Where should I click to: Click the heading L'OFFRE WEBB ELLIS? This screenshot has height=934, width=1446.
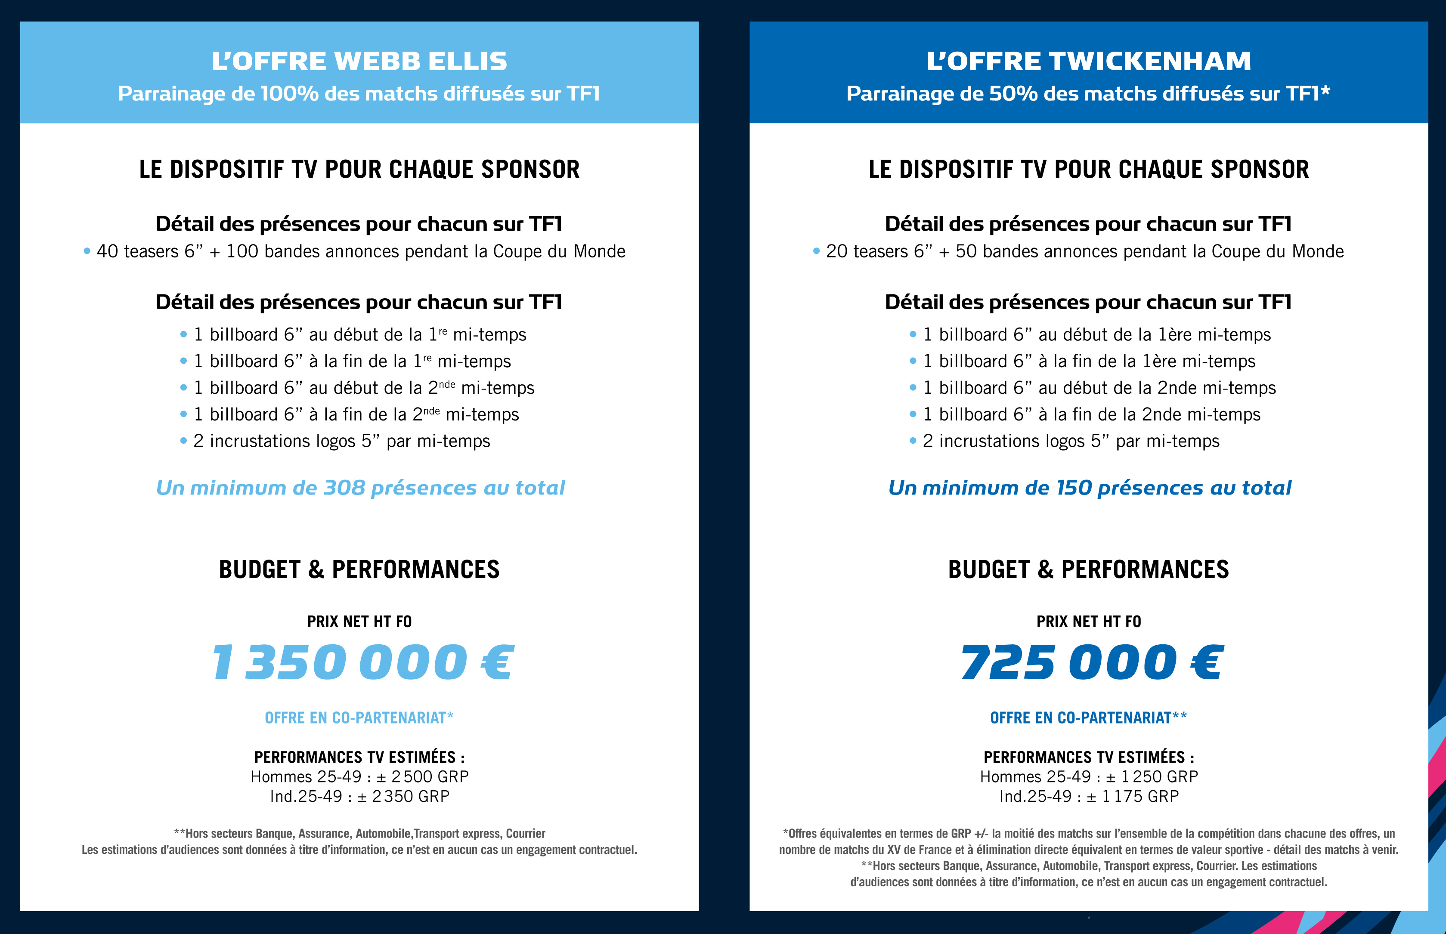pos(359,61)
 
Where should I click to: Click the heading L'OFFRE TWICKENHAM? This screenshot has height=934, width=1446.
pos(1089,61)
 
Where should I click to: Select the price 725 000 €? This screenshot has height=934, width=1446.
pos(1092,662)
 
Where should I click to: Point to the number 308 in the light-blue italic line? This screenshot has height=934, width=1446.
pos(344,488)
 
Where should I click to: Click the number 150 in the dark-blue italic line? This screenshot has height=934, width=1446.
pos(1074,488)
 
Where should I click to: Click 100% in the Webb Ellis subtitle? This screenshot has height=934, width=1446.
pos(289,94)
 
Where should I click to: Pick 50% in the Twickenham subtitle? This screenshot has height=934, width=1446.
pos(1013,94)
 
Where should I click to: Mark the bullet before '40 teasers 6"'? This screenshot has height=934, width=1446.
pos(87,251)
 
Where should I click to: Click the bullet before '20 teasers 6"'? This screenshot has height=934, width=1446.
pos(816,251)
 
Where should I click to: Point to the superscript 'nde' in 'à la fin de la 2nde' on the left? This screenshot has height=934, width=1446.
pos(432,411)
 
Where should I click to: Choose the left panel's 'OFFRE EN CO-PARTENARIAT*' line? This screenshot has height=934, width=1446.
pos(359,718)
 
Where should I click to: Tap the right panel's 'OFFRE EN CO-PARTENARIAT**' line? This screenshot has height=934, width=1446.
pos(1089,718)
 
